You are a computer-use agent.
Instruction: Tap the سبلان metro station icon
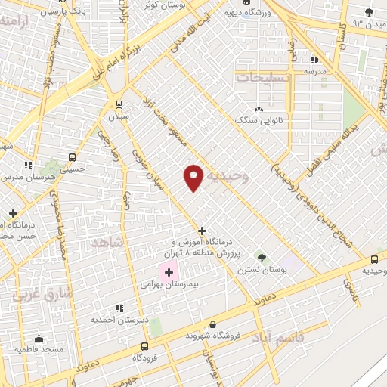[x=118, y=104]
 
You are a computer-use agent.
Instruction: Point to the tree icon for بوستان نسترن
[x=262, y=258]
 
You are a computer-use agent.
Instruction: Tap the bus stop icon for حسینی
[x=72, y=157]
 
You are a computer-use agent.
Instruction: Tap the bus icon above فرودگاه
[x=144, y=345]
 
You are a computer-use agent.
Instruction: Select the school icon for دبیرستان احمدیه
[x=119, y=308]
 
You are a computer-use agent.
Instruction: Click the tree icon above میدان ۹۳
[x=369, y=12]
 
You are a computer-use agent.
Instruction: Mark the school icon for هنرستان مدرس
[x=28, y=164]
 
